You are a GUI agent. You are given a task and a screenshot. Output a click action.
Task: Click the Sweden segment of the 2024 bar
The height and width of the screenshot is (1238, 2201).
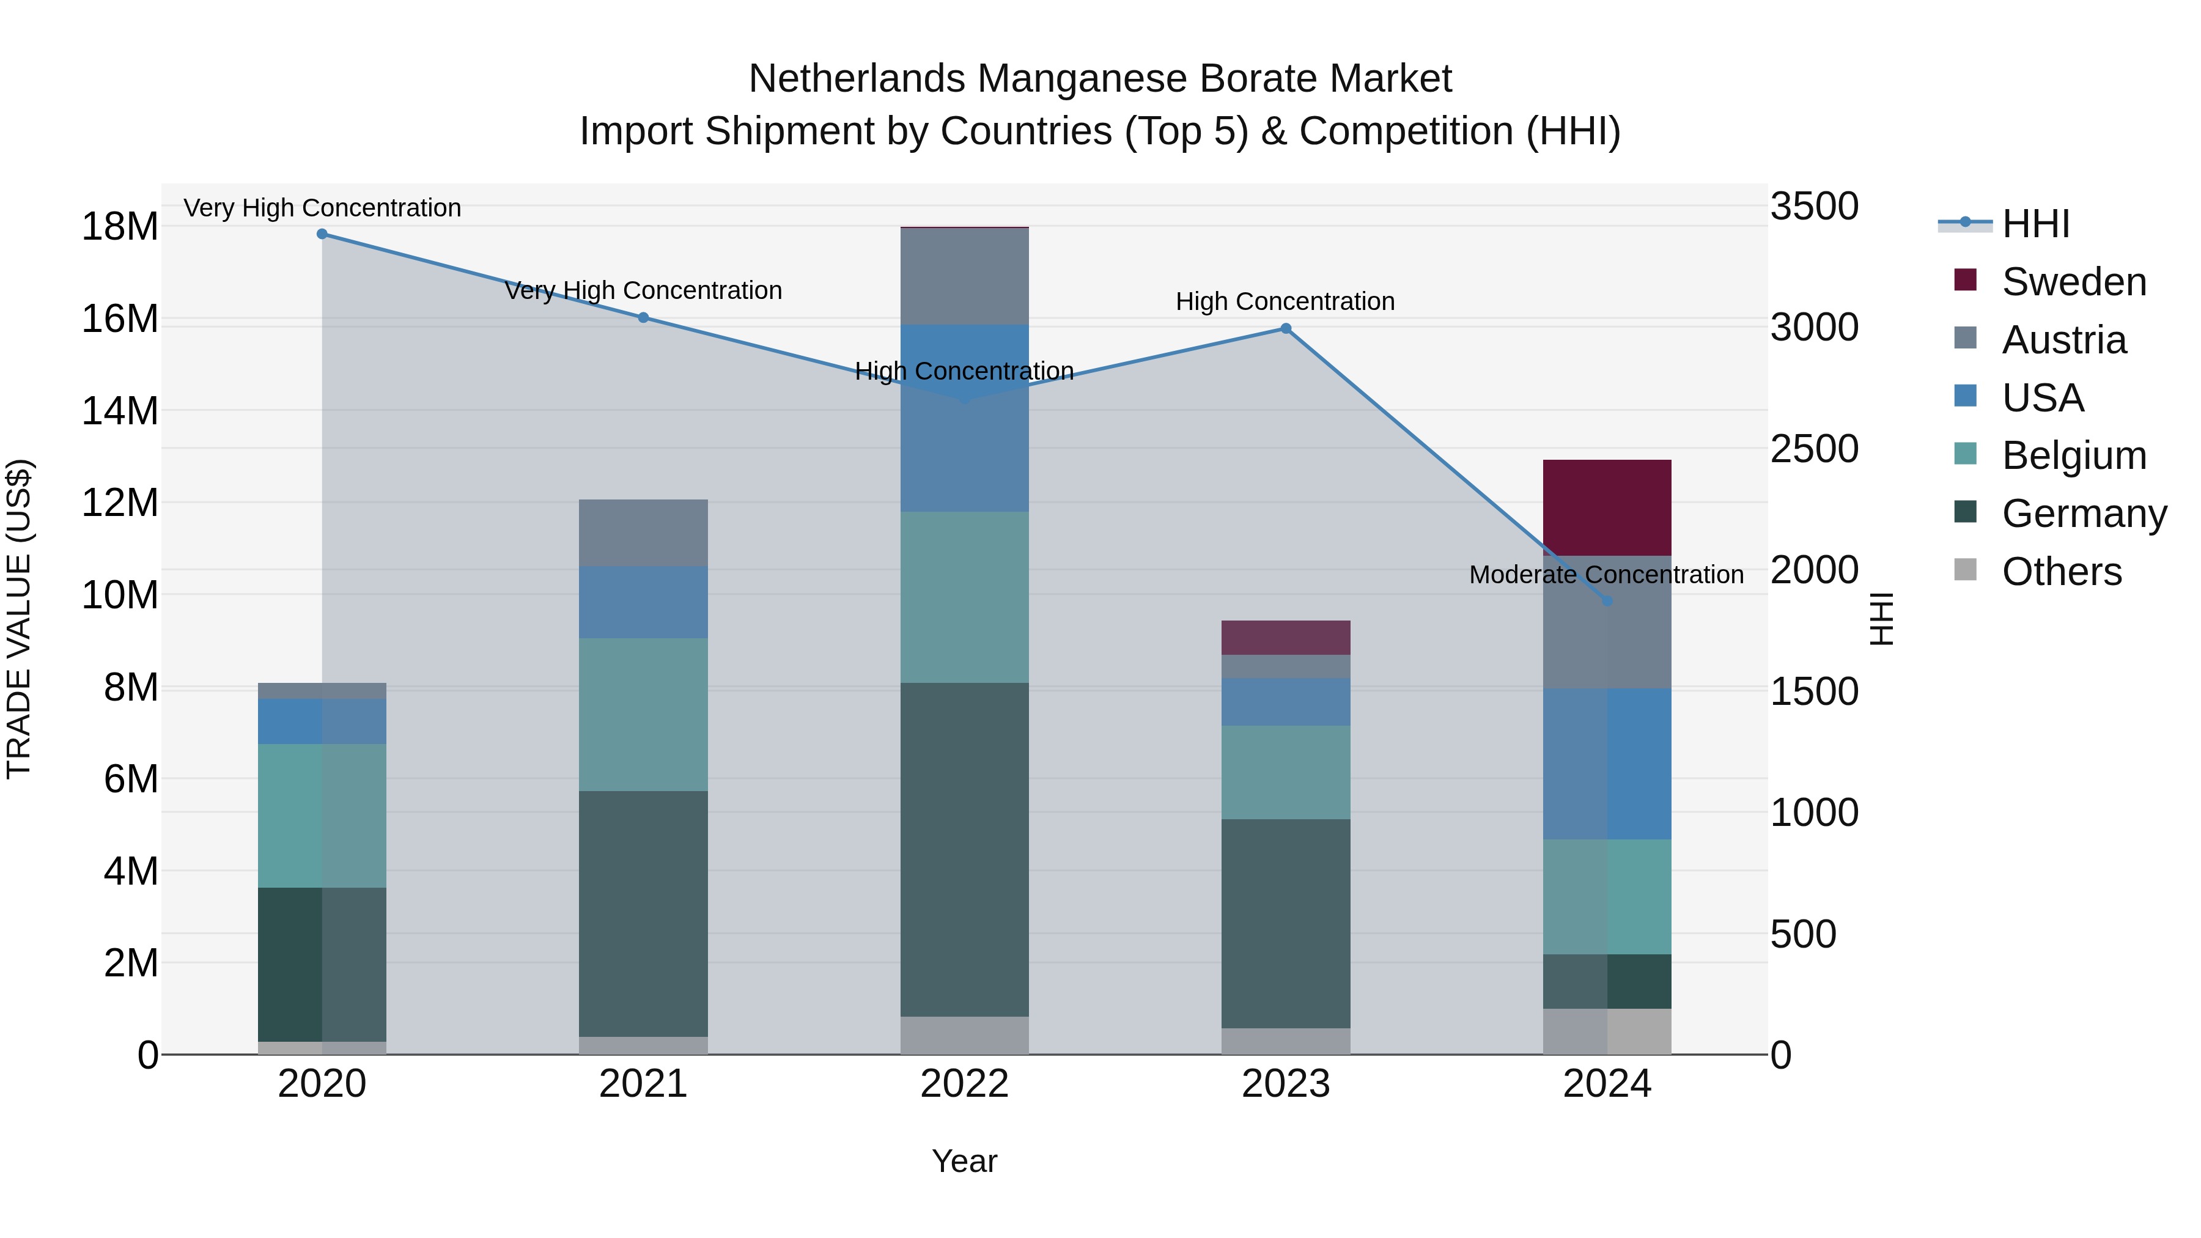click(x=1606, y=507)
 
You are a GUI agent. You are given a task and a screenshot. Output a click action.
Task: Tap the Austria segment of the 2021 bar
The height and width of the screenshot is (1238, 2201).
click(x=643, y=532)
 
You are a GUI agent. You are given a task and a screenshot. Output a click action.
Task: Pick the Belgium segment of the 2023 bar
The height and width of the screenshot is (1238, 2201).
click(x=1285, y=772)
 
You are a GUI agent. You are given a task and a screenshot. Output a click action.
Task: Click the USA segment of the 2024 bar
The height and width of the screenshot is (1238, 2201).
click(x=1606, y=764)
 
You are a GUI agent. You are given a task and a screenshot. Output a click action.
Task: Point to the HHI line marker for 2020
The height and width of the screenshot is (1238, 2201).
click(x=322, y=234)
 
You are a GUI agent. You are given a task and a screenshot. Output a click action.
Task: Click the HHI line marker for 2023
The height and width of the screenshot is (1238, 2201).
click(x=1285, y=329)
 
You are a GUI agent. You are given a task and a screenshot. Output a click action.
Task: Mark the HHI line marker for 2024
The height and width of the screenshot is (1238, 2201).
click(x=1606, y=602)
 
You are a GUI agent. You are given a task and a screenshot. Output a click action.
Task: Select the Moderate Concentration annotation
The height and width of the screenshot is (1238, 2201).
click(x=1606, y=575)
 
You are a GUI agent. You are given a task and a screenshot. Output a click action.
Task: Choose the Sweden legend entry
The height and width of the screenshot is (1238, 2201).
click(x=2074, y=282)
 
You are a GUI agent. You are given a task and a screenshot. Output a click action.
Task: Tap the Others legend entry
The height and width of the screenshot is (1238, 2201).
click(x=2061, y=572)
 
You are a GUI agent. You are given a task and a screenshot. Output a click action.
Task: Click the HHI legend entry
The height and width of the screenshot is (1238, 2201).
click(x=2035, y=224)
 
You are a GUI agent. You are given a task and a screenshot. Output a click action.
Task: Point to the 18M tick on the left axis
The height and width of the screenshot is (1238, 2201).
click(x=120, y=227)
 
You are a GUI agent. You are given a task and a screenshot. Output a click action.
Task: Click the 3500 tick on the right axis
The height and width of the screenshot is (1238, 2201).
click(x=1814, y=207)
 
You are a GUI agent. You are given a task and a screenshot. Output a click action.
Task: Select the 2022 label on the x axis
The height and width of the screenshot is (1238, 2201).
click(x=965, y=1084)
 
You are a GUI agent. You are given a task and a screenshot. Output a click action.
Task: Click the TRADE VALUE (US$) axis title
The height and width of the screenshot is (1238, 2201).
click(x=19, y=619)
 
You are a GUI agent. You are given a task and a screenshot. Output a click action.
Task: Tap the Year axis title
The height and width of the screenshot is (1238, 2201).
click(x=965, y=1161)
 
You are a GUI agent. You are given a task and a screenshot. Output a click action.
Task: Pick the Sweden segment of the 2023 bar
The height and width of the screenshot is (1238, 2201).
click(x=1285, y=638)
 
